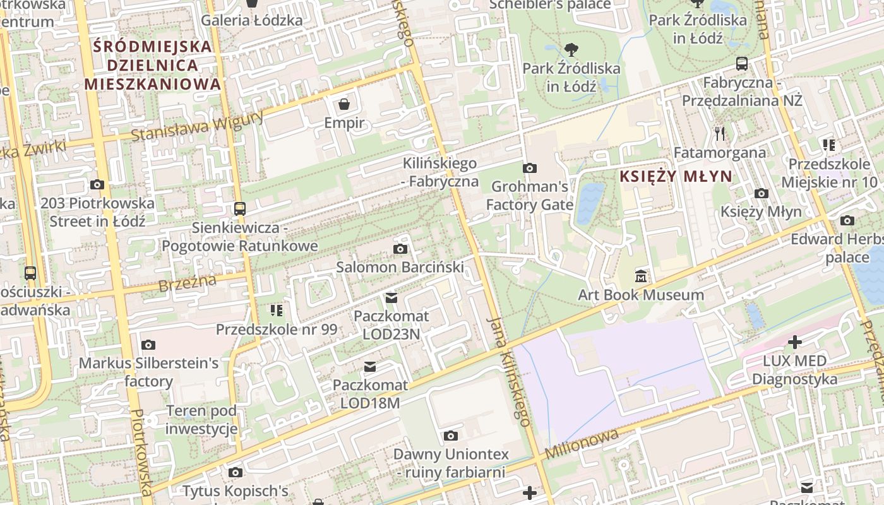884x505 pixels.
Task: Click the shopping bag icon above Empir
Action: (344, 104)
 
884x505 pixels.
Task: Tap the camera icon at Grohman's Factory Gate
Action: (529, 168)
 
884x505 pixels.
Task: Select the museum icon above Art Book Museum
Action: (641, 276)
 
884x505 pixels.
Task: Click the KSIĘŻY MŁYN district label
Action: (675, 177)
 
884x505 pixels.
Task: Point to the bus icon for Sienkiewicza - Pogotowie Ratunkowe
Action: (239, 208)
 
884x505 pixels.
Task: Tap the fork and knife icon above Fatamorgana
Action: (719, 133)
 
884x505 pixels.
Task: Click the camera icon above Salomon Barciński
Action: (400, 249)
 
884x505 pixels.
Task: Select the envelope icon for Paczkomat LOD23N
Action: (391, 297)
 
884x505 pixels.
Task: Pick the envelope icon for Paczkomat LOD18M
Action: (370, 367)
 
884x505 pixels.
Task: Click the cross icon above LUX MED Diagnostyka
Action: (794, 342)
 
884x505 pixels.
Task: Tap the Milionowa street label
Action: (582, 444)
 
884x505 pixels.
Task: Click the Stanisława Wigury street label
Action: (197, 126)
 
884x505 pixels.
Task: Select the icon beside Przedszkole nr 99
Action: (277, 310)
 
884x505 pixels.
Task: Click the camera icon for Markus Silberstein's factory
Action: (148, 345)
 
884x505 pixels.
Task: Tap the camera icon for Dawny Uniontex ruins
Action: (450, 436)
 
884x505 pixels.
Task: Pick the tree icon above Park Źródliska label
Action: (571, 49)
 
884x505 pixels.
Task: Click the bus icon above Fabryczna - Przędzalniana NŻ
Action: (742, 64)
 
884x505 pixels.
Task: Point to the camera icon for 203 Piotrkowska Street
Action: (97, 184)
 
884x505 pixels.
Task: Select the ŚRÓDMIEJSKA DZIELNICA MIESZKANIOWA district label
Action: (152, 65)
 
